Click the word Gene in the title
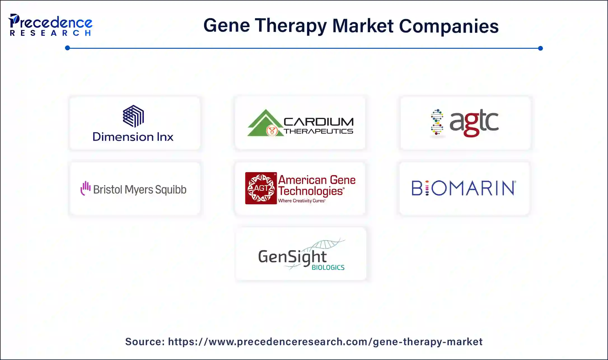point(226,25)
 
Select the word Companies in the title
point(448,26)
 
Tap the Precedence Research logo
point(50,25)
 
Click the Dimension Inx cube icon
point(133,116)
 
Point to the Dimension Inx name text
point(133,137)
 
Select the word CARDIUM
point(319,122)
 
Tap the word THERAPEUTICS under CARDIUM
point(319,131)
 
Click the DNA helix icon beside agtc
point(437,122)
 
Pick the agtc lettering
point(474,122)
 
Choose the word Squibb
point(170,190)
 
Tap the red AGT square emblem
point(261,188)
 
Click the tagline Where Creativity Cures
point(301,201)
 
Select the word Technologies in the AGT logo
point(311,191)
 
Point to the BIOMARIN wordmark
point(464,188)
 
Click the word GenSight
point(292,257)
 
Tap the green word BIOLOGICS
point(328,267)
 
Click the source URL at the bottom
point(325,342)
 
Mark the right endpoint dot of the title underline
point(540,48)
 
